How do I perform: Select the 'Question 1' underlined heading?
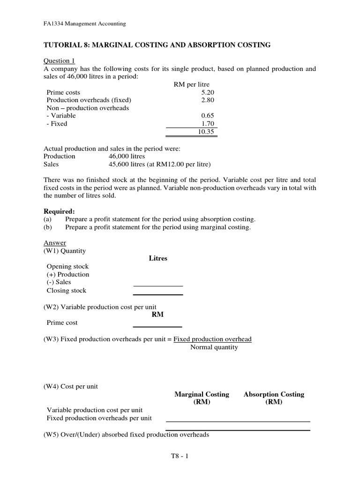pyautogui.click(x=59, y=61)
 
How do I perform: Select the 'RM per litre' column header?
pyautogui.click(x=191, y=85)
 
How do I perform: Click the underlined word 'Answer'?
pyautogui.click(x=55, y=243)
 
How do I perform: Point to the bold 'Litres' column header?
pyautogui.click(x=158, y=258)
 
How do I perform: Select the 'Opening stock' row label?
pyautogui.click(x=67, y=267)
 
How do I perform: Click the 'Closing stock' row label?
pyautogui.click(x=67, y=291)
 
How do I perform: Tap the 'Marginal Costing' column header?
pyautogui.click(x=202, y=394)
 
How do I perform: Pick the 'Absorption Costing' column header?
pyautogui.click(x=274, y=394)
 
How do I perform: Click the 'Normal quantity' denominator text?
pyautogui.click(x=214, y=347)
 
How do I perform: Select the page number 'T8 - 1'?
pyautogui.click(x=180, y=455)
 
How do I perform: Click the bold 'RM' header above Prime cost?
pyautogui.click(x=158, y=315)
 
